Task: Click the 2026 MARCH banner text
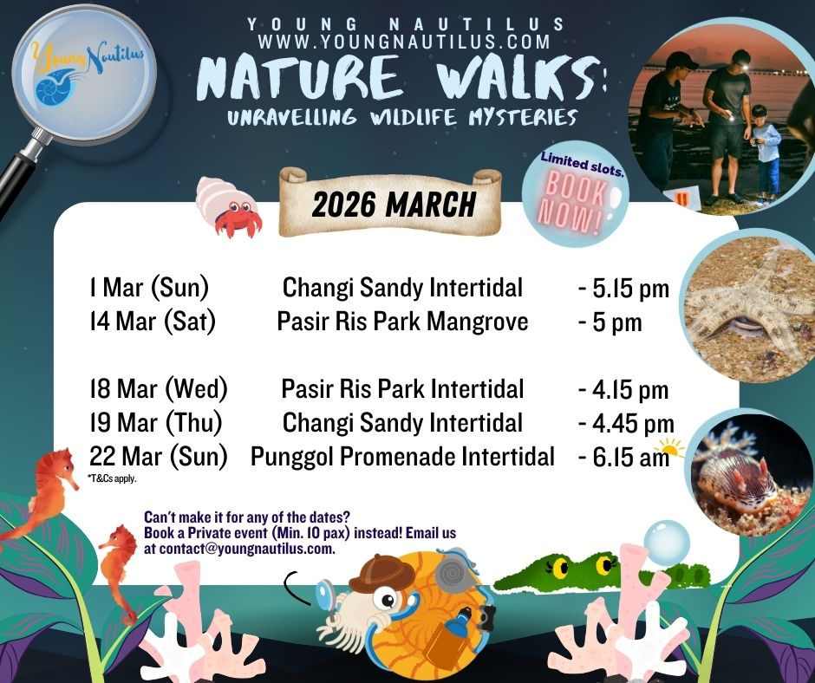click(394, 205)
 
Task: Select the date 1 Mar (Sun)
click(148, 288)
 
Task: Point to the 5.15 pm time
click(625, 289)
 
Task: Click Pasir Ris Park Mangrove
click(402, 322)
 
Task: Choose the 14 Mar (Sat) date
click(152, 322)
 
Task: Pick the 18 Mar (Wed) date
click(158, 389)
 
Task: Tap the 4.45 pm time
click(626, 423)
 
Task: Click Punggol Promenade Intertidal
click(402, 456)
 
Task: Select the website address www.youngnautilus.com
click(404, 42)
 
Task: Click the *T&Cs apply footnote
click(112, 478)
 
